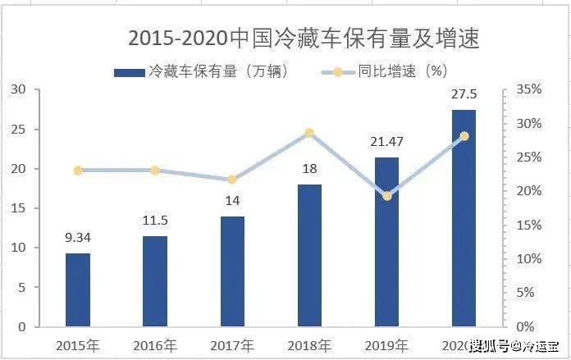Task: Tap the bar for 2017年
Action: pos(232,271)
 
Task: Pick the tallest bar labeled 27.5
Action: pos(464,217)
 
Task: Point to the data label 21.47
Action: pos(386,143)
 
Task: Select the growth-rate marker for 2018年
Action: pos(309,133)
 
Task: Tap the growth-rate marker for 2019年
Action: pos(387,196)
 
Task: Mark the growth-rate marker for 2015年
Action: pos(78,171)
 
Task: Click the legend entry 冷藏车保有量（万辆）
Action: pos(201,71)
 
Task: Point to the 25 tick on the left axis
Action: pos(19,130)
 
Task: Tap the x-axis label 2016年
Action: pos(154,345)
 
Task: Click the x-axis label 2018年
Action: pos(308,345)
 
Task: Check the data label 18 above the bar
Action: pos(309,170)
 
